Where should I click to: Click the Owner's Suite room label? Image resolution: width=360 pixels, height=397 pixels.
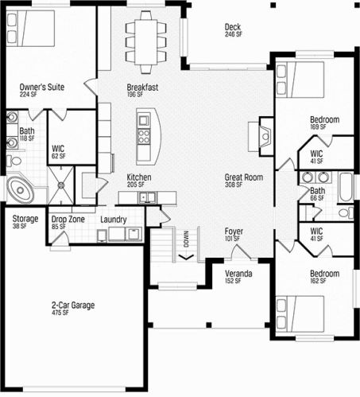tap(42, 90)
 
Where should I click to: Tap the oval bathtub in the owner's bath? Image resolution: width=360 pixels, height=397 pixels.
tap(20, 189)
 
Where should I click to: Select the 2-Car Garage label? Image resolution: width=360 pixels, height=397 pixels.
tap(73, 308)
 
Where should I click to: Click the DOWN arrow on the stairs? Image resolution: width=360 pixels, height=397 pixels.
tap(186, 257)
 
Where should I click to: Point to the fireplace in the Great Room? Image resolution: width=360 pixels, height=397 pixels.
tap(265, 136)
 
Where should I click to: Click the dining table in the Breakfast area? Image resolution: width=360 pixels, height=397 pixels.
tap(146, 42)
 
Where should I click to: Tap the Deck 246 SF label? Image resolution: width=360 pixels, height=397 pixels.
tap(233, 30)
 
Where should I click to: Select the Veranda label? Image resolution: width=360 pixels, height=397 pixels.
tap(238, 277)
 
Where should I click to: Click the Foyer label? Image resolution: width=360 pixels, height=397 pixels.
tap(234, 235)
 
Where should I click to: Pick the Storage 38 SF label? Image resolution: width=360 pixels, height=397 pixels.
tap(25, 222)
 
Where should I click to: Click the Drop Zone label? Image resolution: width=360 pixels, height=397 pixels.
tap(68, 223)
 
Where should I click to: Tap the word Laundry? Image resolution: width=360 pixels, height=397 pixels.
tap(114, 220)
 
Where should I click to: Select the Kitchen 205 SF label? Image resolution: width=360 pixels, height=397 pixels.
tap(139, 181)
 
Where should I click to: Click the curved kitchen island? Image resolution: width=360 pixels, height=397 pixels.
tap(149, 137)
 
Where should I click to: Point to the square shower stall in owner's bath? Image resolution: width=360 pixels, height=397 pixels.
tap(61, 185)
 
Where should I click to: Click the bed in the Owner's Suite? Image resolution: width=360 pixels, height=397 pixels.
tap(30, 29)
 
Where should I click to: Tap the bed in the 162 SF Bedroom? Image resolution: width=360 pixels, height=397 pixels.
tap(300, 313)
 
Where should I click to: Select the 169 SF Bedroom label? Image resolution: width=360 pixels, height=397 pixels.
tap(324, 123)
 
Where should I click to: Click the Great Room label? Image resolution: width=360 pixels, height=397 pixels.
tap(244, 181)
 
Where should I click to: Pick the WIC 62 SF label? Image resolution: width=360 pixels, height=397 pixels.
tap(58, 152)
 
